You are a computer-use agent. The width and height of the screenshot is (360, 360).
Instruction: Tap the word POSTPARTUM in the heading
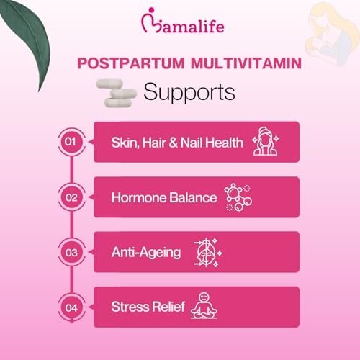(x=131, y=63)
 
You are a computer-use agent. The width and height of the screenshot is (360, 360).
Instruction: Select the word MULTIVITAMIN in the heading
(x=246, y=63)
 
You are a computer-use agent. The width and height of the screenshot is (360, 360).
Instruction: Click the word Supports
(x=189, y=92)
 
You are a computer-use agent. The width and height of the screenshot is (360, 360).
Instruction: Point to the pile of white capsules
(x=116, y=93)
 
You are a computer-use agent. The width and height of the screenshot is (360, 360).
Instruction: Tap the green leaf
(x=27, y=41)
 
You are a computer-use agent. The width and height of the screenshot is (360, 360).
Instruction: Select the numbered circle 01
(x=71, y=141)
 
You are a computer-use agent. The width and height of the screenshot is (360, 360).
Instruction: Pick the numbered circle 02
(x=71, y=197)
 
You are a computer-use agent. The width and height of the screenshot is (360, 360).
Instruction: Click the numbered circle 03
(x=71, y=253)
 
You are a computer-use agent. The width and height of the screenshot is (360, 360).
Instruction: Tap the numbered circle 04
(x=71, y=307)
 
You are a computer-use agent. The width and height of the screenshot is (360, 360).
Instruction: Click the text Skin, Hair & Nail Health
(x=177, y=143)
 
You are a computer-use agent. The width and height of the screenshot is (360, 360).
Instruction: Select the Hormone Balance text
(x=164, y=197)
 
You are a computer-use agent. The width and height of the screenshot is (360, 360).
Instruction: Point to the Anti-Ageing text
(x=146, y=253)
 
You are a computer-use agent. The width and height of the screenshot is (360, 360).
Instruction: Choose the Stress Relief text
(x=148, y=307)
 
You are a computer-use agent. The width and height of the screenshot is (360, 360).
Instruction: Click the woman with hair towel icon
(x=266, y=141)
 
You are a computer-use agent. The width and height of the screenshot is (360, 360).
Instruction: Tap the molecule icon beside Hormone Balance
(x=238, y=197)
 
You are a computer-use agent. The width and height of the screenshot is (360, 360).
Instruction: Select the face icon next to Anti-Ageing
(x=208, y=253)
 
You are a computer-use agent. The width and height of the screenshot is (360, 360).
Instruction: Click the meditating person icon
(x=204, y=305)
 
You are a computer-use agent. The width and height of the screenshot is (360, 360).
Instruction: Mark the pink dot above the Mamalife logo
(x=151, y=10)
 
